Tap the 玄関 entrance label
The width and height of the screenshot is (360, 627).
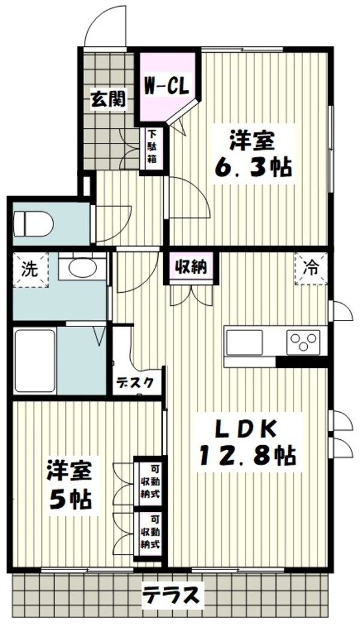tap(108, 98)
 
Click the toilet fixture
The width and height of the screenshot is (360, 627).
tap(32, 223)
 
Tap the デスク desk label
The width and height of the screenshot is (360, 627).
tap(139, 382)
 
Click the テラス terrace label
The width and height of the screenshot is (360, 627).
tap(170, 596)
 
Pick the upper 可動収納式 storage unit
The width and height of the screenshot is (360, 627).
tap(149, 482)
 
